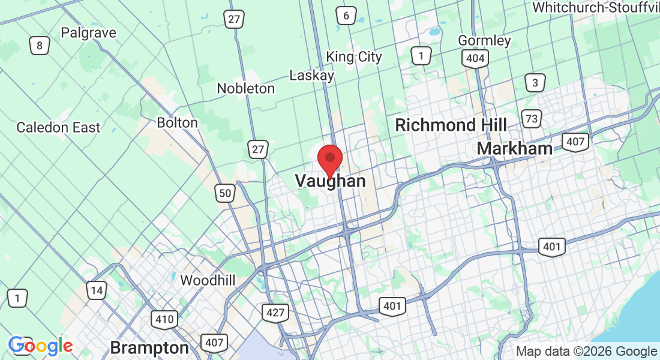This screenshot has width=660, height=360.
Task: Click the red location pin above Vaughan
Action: [329, 159]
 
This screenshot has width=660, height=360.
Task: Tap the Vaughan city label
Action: [330, 181]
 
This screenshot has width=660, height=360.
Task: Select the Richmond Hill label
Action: [451, 125]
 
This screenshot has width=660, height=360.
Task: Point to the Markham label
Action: [515, 149]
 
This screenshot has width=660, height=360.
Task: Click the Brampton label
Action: [149, 348]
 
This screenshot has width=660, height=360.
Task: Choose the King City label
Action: [354, 57]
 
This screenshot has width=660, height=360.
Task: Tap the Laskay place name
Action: [311, 76]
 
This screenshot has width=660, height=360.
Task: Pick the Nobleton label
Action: [246, 89]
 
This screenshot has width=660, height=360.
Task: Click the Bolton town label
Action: [177, 123]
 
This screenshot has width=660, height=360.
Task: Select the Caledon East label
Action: [59, 128]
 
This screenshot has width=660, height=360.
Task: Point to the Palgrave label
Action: [89, 33]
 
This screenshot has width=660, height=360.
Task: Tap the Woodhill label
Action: [208, 280]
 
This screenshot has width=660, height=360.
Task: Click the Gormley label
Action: [484, 41]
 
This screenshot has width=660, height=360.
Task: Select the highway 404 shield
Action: [475, 58]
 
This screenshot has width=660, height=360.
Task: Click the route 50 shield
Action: [224, 193]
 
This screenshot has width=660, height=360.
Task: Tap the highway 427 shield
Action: [275, 313]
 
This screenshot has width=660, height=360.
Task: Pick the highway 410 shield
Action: [164, 319]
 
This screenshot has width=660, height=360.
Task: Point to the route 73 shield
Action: [531, 119]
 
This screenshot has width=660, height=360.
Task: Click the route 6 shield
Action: [346, 16]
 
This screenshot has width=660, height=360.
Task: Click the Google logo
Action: [40, 346]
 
